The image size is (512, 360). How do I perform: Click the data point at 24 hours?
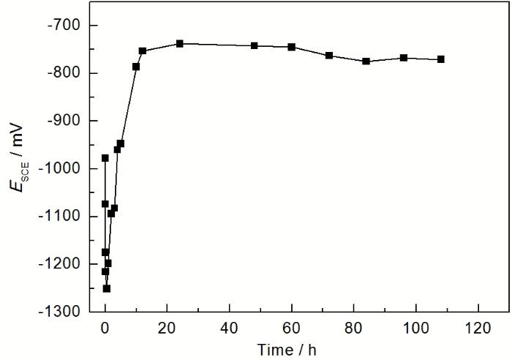pyautogui.click(x=180, y=44)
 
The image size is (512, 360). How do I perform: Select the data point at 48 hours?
pyautogui.click(x=255, y=45)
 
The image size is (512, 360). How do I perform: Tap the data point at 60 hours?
pyautogui.click(x=292, y=47)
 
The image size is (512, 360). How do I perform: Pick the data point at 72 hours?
pyautogui.click(x=329, y=56)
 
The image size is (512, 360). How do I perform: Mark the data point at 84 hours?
pyautogui.click(x=366, y=61)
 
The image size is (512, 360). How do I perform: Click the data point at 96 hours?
pyautogui.click(x=404, y=58)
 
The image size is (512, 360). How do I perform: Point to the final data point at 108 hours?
pyautogui.click(x=441, y=59)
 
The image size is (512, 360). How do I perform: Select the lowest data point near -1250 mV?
pyautogui.click(x=107, y=288)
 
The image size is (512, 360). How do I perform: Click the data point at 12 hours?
pyautogui.click(x=143, y=50)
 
